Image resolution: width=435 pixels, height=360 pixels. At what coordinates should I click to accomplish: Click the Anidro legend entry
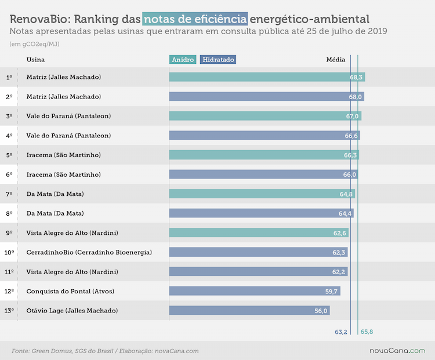(183, 60)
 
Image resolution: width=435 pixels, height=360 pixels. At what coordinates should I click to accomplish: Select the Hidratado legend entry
(218, 60)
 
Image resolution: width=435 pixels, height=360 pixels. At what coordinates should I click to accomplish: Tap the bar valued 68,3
(267, 77)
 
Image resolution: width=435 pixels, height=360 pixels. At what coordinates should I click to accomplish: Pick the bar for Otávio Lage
(249, 311)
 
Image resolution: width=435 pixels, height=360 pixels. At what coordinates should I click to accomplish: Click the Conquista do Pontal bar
(255, 291)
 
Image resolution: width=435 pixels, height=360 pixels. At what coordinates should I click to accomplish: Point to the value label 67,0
(352, 116)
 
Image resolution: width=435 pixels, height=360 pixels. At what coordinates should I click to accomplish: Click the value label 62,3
(339, 252)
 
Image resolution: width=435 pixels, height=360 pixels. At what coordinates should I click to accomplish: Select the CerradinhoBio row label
(89, 252)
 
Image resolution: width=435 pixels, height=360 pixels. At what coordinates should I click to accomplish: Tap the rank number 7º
(9, 194)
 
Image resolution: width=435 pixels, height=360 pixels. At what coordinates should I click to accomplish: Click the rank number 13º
(9, 311)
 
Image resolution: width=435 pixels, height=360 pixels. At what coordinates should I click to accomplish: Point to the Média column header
(336, 60)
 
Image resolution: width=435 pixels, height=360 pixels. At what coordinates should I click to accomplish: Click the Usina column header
(35, 60)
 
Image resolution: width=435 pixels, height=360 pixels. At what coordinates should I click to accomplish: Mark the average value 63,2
(341, 332)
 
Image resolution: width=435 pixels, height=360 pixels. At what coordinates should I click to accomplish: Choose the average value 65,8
(367, 332)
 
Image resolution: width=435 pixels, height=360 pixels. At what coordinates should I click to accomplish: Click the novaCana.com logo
(397, 351)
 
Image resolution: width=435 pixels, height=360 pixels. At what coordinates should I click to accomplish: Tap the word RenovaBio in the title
(41, 19)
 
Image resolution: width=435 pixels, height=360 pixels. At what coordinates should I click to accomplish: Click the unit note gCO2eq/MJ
(41, 44)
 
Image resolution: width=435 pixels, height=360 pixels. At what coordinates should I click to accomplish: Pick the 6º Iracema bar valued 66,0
(263, 174)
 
